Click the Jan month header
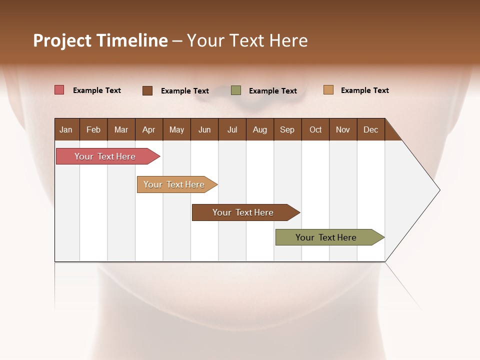click(x=66, y=129)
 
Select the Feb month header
click(x=93, y=129)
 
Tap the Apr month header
click(x=148, y=129)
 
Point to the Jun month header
click(x=204, y=129)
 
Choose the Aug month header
click(x=259, y=129)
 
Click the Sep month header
click(x=287, y=129)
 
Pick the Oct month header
click(x=315, y=129)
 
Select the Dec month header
click(x=370, y=129)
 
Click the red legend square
click(x=59, y=90)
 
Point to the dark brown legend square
click(x=147, y=90)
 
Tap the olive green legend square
click(x=236, y=90)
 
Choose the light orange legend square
click(x=328, y=90)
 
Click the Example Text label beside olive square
click(x=272, y=90)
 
